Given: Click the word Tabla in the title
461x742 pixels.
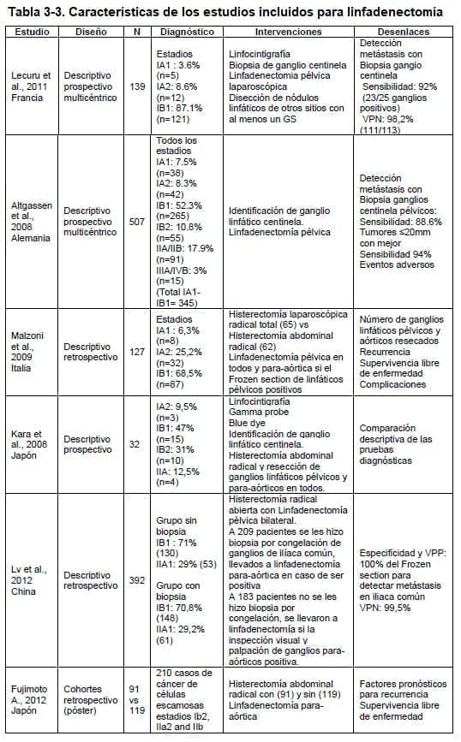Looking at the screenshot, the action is [x=27, y=12].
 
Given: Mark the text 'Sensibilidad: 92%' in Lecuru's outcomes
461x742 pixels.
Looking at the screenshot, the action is [x=404, y=87].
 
